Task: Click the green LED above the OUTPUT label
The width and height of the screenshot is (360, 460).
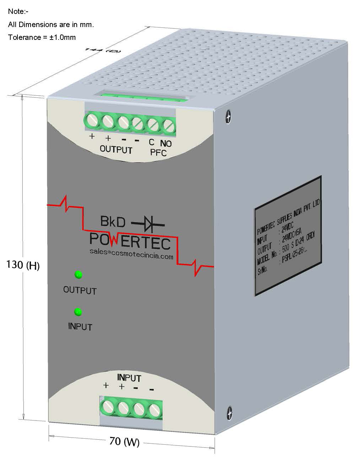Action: tap(78, 275)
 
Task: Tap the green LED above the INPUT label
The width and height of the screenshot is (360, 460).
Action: tap(78, 312)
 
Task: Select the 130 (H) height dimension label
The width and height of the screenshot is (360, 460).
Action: tap(23, 265)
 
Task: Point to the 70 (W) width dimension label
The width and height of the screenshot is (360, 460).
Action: tap(124, 442)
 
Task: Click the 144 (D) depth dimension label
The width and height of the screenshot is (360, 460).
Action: tap(103, 50)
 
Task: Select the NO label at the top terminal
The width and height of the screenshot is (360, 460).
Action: tap(166, 143)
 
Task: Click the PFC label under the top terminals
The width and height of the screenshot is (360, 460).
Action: tap(158, 153)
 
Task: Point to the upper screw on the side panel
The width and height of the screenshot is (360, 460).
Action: tap(229, 116)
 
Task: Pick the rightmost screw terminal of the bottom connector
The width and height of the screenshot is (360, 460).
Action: tap(155, 411)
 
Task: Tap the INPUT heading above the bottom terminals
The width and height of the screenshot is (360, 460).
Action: tap(129, 377)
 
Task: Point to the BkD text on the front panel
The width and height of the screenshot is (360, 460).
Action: tap(113, 222)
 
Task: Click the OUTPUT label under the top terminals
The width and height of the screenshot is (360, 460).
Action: tap(116, 149)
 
